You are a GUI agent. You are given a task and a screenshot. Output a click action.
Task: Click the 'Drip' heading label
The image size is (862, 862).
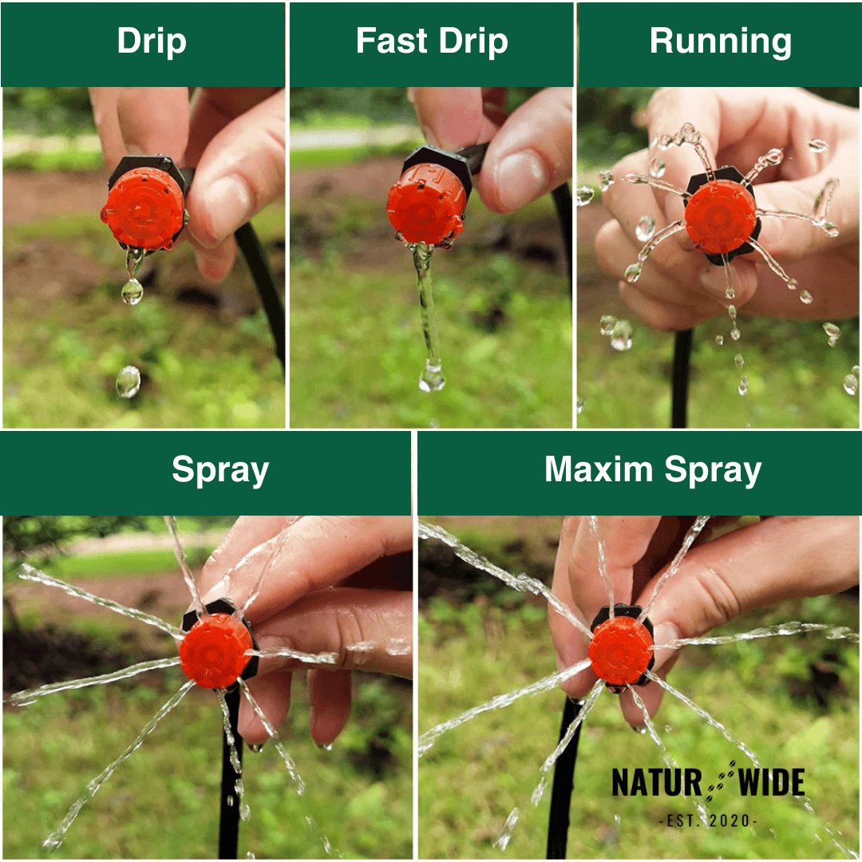tap(152, 42)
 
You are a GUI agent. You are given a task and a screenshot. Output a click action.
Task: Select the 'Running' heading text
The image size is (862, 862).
tap(720, 42)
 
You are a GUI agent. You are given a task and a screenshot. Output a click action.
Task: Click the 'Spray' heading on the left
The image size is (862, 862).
tap(219, 470)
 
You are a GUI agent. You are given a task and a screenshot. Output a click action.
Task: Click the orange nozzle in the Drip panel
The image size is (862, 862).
tap(144, 208)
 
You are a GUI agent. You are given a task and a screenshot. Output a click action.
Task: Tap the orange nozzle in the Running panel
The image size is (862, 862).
tap(720, 216)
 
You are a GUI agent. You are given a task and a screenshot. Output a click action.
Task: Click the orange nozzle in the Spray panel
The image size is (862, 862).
tap(215, 650)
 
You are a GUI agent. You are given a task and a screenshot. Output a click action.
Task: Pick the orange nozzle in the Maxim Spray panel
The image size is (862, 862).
tap(621, 650)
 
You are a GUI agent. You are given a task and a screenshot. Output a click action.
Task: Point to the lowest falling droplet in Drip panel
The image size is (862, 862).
tap(128, 382)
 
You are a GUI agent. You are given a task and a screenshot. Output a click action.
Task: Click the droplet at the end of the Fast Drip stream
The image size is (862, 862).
tap(432, 376)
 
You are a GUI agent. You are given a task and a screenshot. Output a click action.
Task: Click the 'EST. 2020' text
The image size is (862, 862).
tap(708, 820)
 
